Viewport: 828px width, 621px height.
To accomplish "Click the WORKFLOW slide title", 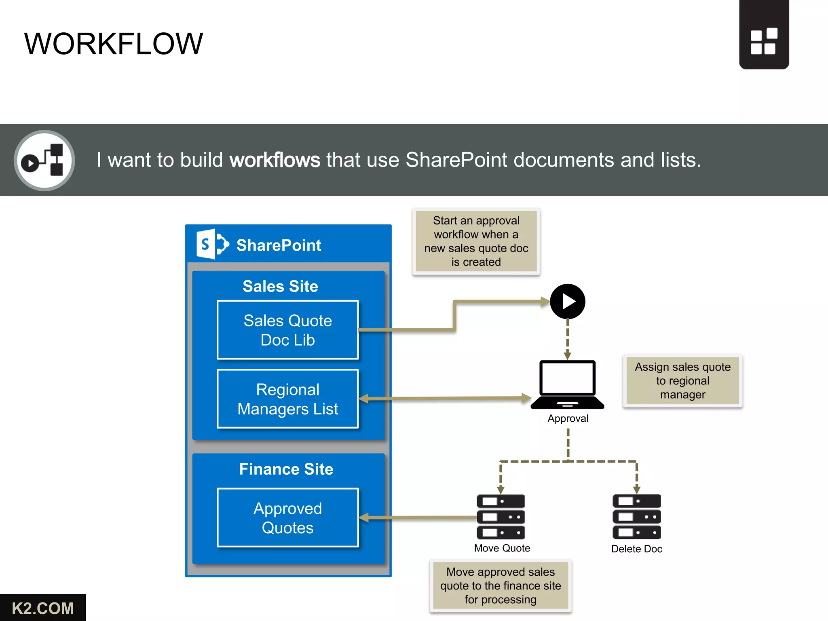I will [114, 44].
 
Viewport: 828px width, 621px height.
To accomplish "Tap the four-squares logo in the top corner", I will [764, 41].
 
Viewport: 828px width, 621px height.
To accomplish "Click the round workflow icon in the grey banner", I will [44, 161].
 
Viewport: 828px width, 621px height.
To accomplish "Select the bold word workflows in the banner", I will [275, 160].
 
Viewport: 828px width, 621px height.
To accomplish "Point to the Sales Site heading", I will [280, 286].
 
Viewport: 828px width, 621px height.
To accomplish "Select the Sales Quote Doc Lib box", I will [287, 330].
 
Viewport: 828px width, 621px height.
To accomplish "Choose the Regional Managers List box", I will [287, 399].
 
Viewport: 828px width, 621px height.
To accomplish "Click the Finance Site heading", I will [286, 469].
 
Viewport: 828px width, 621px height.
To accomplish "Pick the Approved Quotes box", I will [287, 517].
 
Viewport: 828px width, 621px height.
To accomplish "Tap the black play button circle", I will [568, 302].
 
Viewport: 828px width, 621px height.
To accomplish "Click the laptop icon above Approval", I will [568, 384].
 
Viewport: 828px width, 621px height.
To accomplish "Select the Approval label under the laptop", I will [568, 418].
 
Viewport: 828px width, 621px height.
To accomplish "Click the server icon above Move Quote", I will [501, 517].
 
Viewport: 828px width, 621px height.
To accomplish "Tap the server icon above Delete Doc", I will [637, 517].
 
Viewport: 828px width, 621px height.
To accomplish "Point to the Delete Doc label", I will [637, 549].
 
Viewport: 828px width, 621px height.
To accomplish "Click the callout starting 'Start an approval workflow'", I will [476, 241].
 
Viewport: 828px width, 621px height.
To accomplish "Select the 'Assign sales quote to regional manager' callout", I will [683, 380].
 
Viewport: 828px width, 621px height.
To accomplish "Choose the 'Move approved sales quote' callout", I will [501, 585].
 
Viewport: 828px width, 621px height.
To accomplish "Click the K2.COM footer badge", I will [43, 608].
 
